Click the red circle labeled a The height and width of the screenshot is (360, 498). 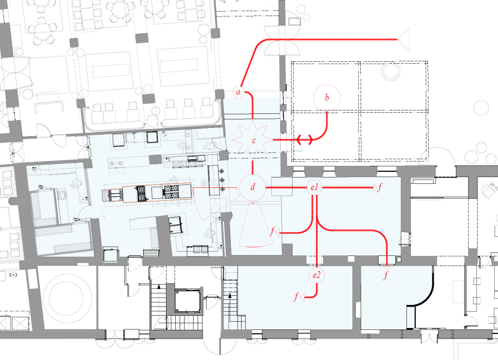coord(239,92)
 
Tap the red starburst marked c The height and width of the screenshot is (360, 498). coord(253,140)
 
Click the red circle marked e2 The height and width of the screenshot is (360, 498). coord(316,275)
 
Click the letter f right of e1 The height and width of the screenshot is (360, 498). coord(380,187)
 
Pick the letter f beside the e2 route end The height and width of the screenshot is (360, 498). coord(296,297)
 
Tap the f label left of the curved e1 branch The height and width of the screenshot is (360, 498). coord(272,232)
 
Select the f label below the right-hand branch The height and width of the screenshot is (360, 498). coord(386,275)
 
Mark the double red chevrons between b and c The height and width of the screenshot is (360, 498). coord(305,139)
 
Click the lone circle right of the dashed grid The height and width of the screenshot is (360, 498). coord(481,108)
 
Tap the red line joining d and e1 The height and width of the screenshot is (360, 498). coord(286,188)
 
